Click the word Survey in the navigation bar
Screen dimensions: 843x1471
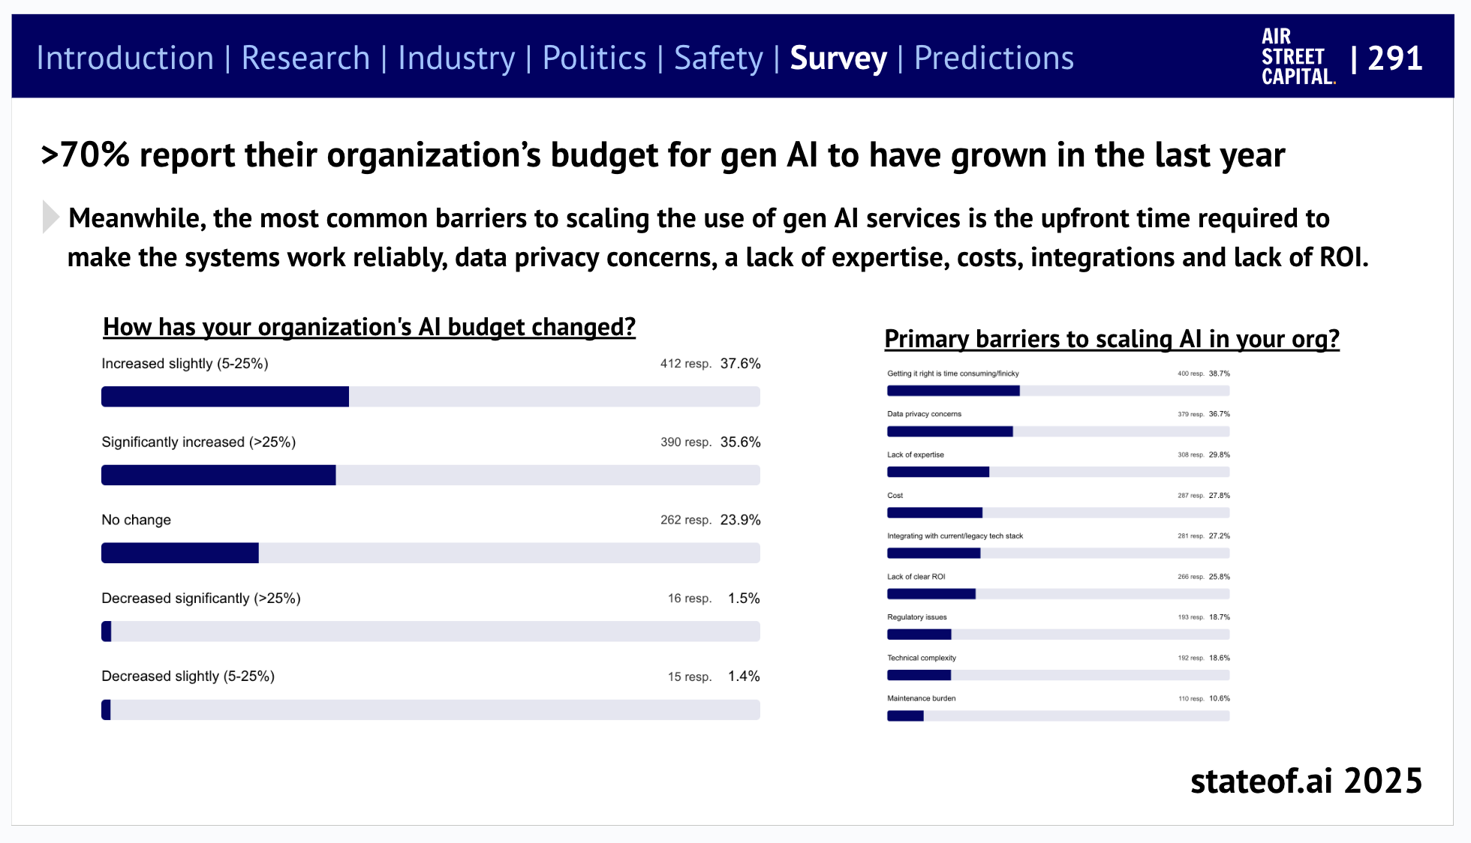(838, 58)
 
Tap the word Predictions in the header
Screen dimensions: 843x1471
(994, 58)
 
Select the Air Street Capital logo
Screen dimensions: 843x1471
(1298, 57)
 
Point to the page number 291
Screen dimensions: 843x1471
(1394, 58)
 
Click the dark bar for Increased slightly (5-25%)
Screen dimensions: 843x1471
(225, 397)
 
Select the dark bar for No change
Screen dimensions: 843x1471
(180, 553)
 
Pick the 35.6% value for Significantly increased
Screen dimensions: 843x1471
(740, 442)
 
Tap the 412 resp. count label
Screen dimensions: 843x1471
(685, 364)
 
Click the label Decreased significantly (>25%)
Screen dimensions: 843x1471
(201, 598)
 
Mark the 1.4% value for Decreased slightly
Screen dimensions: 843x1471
(744, 676)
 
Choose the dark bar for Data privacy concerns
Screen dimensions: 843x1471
(949, 432)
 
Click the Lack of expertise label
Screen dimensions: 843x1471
(916, 455)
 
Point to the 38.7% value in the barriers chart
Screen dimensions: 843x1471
(1219, 373)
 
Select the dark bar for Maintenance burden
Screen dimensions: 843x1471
(905, 716)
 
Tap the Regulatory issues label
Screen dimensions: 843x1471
(917, 617)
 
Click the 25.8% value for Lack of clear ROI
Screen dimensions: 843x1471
(1219, 577)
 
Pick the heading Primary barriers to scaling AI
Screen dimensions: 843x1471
(1112, 339)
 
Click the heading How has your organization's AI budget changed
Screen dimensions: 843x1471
(369, 327)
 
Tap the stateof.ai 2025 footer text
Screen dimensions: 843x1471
(1306, 781)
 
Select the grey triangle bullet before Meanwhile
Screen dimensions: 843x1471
(50, 217)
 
